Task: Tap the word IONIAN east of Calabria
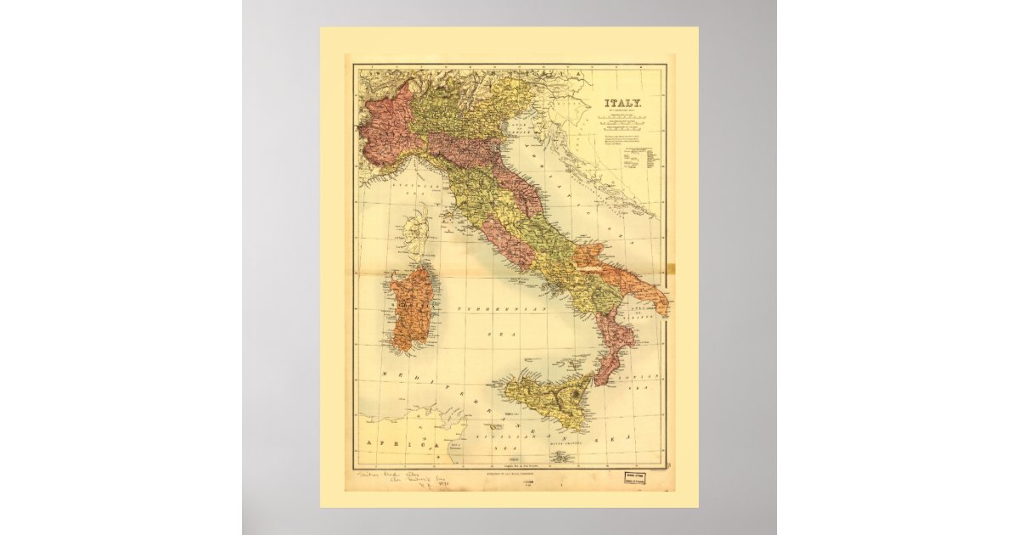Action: (648, 374)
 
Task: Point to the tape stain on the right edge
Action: (669, 270)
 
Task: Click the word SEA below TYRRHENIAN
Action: (493, 336)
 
